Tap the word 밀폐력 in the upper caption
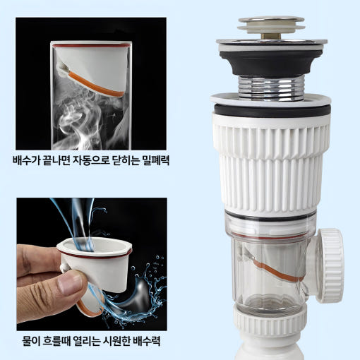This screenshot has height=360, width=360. tap(156, 160)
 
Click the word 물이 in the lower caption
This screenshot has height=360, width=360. tap(31, 341)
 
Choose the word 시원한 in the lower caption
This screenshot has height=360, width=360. tap(116, 341)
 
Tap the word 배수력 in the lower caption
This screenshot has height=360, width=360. tap(147, 341)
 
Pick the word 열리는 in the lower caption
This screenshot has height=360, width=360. tap(87, 341)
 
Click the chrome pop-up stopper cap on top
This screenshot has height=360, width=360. tap(271, 23)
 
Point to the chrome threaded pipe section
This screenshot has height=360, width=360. tap(271, 88)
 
